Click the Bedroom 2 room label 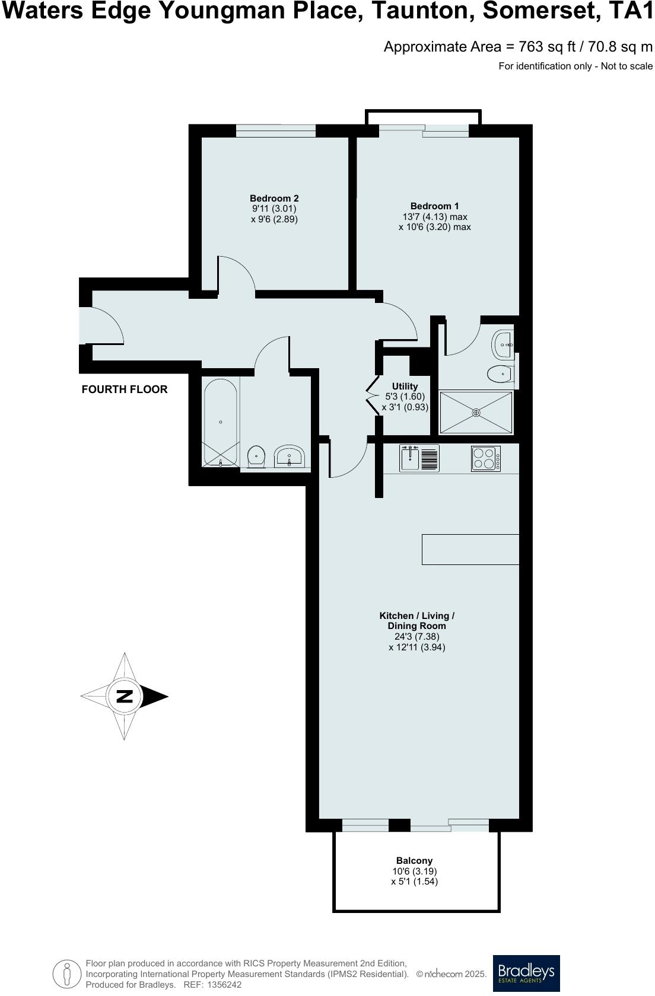[274, 199]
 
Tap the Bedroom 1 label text [435, 206]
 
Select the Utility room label [405, 387]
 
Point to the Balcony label [414, 861]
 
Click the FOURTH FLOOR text [125, 390]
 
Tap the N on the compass [124, 696]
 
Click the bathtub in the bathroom [221, 423]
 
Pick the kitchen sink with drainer [419, 458]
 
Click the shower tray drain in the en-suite [476, 412]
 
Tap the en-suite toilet [499, 374]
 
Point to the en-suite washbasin [502, 344]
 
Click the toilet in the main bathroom [256, 456]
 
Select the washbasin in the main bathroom [290, 457]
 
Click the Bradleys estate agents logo [526, 973]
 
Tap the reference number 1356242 [222, 985]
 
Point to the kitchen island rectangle [470, 549]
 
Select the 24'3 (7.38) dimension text [417, 637]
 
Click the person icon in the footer [66, 972]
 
